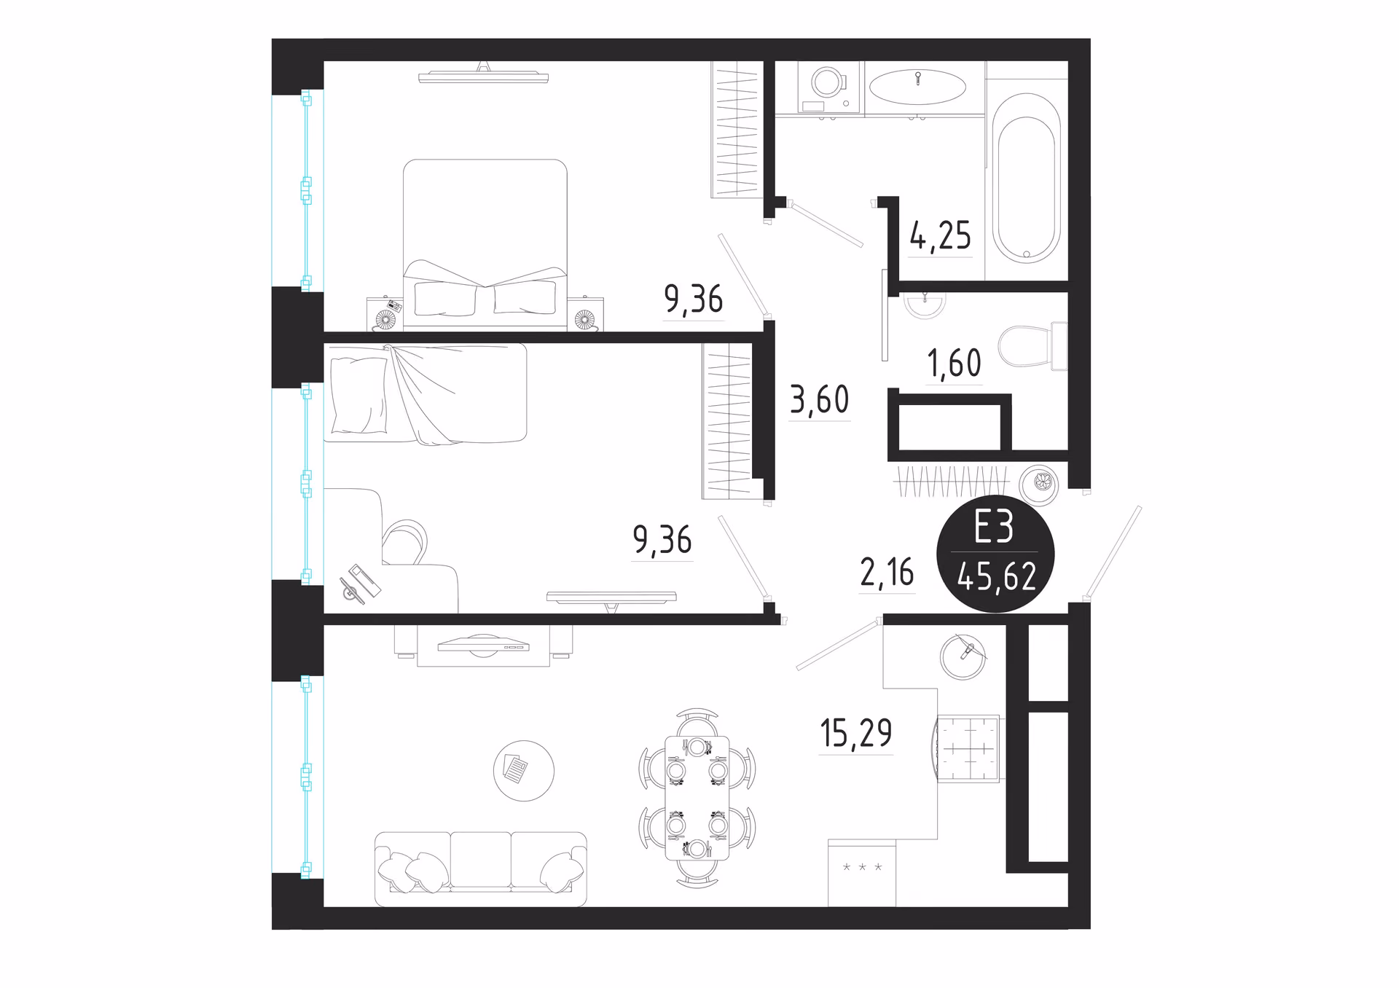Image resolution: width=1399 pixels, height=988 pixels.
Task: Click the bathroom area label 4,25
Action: tap(940, 235)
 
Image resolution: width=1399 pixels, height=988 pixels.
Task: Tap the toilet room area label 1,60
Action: tap(955, 363)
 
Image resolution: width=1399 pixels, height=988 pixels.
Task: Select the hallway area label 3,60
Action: tap(820, 399)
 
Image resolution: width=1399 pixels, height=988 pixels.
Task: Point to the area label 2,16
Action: tap(887, 573)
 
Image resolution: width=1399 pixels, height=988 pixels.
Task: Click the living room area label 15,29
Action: tap(856, 733)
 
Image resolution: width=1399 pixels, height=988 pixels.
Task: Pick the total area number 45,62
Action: tap(996, 578)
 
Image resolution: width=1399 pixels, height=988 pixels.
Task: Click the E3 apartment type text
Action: tap(994, 527)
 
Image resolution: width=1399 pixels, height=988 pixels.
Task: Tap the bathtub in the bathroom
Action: tap(1026, 179)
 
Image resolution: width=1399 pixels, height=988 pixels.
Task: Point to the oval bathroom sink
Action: tap(918, 87)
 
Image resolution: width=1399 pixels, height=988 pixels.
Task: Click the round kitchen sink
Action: tap(963, 656)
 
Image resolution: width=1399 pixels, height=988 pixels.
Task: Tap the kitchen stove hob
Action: tap(968, 749)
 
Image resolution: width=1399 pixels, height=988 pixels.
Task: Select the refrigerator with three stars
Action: tap(862, 873)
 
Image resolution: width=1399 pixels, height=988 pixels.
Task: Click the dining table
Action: tap(697, 798)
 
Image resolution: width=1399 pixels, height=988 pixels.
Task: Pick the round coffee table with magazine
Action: tap(523, 771)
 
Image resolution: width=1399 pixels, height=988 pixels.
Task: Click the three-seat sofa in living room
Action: tap(481, 869)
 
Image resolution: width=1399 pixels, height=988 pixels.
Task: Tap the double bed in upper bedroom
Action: tap(485, 244)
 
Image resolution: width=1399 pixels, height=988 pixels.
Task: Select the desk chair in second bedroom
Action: tap(405, 541)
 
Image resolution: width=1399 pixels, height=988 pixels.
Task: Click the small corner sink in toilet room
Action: tap(925, 305)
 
